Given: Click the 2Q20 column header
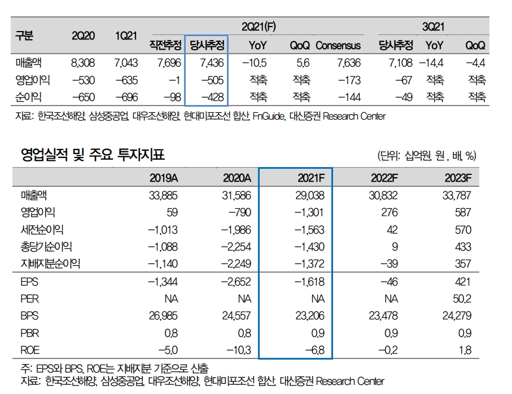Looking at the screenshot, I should click(x=84, y=36).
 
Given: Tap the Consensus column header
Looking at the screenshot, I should click(x=338, y=45).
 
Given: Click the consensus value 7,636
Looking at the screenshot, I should click(x=348, y=63).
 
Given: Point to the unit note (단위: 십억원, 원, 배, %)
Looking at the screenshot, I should click(x=426, y=156).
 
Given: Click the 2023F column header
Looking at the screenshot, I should click(x=457, y=178).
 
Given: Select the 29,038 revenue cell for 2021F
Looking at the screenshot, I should click(x=309, y=195).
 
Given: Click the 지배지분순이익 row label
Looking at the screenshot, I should click(x=50, y=263).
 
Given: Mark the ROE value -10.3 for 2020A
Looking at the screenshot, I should click(x=239, y=350).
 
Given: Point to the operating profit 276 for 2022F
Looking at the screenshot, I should click(x=389, y=212).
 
